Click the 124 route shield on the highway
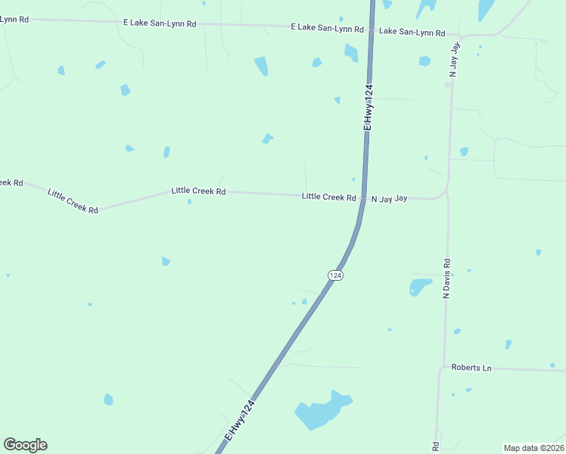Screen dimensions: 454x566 (x=336, y=275)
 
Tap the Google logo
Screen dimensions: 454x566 (x=25, y=445)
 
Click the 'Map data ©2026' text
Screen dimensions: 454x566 (x=533, y=448)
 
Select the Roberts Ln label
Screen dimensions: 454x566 (x=471, y=368)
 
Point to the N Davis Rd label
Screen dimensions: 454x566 (x=446, y=278)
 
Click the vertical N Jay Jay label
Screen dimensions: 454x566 (x=454, y=61)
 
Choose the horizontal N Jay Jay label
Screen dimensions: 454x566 (x=389, y=198)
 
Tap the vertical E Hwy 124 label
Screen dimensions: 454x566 (x=369, y=107)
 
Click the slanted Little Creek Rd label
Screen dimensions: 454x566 (x=73, y=201)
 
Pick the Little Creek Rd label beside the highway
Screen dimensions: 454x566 (x=328, y=197)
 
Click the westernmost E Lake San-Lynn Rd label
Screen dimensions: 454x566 (x=160, y=23)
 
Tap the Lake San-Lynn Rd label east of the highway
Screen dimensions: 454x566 (x=412, y=32)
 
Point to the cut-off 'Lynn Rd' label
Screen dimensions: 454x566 (x=14, y=19)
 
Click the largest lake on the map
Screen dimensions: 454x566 (x=322, y=411)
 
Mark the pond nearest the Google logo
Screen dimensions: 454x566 (x=108, y=399)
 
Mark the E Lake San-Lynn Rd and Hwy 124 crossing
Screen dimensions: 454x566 (x=371, y=29)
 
